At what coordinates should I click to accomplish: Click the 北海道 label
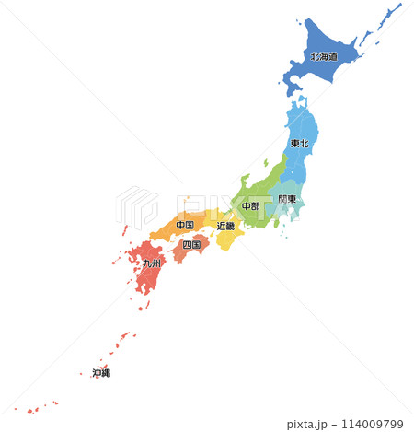coord(323,56)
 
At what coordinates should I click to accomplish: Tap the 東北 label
coord(300,144)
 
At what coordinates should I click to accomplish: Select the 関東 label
coord(287,199)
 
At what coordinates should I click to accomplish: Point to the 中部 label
coord(250,206)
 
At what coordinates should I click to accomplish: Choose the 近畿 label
coord(225,225)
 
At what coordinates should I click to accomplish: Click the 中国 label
coord(184,225)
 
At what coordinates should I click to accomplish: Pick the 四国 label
coord(191,245)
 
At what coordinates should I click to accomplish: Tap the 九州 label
coord(151,263)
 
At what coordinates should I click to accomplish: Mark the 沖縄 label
coord(101,373)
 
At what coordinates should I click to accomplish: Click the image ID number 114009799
coord(372,424)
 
